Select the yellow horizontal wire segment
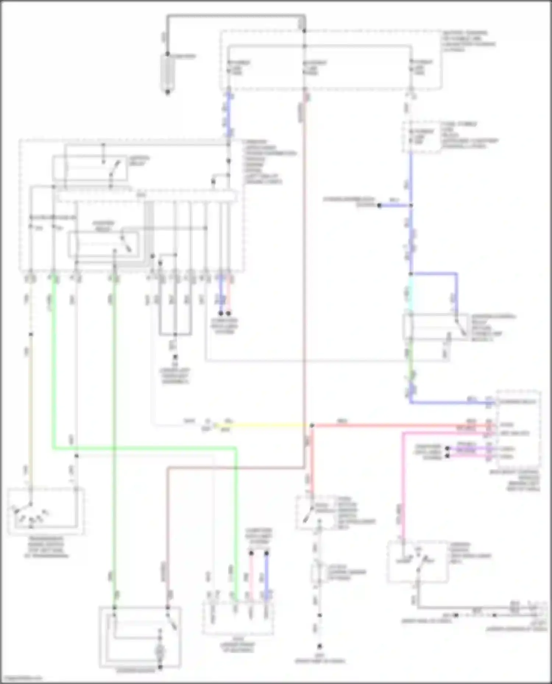click(x=265, y=426)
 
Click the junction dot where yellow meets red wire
click(x=312, y=426)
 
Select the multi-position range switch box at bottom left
click(x=46, y=511)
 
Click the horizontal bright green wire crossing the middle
click(x=147, y=448)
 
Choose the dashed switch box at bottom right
click(x=418, y=561)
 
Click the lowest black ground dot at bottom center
click(x=320, y=646)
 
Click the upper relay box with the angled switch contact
click(x=90, y=168)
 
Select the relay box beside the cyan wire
click(x=436, y=327)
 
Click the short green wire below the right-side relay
click(x=411, y=362)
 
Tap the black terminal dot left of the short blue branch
click(x=379, y=205)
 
